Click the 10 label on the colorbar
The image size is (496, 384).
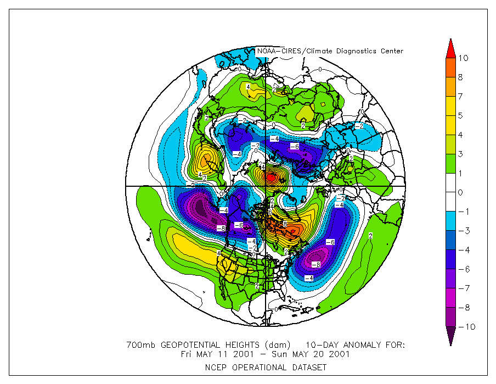(464, 58)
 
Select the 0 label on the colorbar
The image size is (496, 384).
(460, 192)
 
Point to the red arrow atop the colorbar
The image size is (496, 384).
(450, 48)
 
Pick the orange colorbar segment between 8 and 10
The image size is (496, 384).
(450, 68)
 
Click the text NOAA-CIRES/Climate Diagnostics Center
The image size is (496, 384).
(330, 51)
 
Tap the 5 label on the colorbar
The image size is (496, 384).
(460, 115)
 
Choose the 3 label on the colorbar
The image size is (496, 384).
(460, 154)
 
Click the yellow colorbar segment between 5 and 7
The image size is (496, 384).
(450, 106)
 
